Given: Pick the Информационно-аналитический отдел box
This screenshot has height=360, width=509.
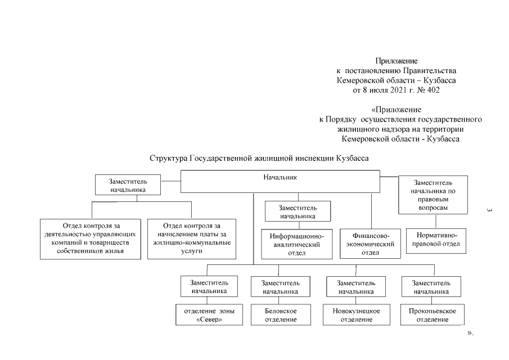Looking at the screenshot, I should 296,244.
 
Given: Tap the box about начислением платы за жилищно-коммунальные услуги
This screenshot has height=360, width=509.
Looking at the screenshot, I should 192,238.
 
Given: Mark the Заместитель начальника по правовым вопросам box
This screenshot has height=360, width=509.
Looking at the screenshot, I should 433,195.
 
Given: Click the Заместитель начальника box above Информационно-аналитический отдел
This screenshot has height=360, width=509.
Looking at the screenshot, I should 298,211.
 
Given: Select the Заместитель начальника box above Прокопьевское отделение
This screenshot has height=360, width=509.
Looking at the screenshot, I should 431,286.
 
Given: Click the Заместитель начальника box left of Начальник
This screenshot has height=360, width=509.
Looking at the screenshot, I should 128,186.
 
